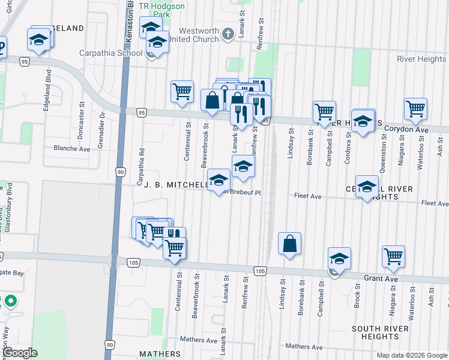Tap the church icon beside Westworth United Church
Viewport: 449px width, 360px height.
(x=228, y=34)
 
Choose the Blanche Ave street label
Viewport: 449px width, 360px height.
(x=71, y=148)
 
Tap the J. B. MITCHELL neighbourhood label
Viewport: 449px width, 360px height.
(x=173, y=185)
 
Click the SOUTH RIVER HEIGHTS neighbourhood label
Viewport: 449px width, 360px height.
(x=380, y=333)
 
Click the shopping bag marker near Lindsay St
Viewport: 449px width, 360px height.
(x=289, y=244)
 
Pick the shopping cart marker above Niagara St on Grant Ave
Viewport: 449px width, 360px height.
(x=393, y=256)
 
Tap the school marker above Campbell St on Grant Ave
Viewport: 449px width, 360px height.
(x=340, y=259)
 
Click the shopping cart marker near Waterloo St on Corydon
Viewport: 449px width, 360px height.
(x=415, y=109)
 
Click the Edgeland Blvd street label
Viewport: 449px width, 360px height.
(x=47, y=88)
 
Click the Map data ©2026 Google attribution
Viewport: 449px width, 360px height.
(x=412, y=355)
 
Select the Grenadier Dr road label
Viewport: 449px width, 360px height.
(x=103, y=115)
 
